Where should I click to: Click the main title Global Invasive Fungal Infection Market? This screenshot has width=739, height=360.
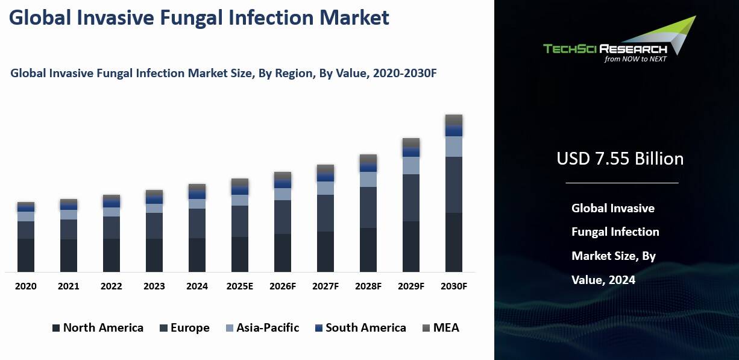[199, 17]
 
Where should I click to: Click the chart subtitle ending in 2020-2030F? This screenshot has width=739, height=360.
[223, 74]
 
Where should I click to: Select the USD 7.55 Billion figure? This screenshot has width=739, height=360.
[620, 159]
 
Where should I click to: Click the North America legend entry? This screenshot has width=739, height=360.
[98, 328]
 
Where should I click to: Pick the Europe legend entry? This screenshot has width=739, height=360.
[184, 328]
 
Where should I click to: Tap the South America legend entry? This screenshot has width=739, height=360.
[360, 328]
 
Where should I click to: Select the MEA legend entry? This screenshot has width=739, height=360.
[440, 328]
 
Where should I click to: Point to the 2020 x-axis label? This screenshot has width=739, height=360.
[26, 286]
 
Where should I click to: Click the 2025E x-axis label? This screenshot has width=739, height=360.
[239, 286]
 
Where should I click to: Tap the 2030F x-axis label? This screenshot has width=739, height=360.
[454, 286]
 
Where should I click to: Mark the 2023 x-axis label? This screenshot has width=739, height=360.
[154, 286]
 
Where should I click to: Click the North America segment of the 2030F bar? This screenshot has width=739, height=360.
[454, 242]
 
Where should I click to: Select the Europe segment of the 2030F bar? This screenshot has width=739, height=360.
[454, 185]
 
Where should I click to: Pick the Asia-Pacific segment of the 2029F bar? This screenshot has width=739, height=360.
[411, 165]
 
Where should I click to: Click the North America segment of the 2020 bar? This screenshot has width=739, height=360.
[26, 255]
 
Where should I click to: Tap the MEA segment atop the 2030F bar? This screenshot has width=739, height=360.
[454, 119]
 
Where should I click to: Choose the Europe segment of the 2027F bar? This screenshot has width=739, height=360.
[325, 213]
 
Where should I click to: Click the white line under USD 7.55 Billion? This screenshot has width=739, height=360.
[621, 183]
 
